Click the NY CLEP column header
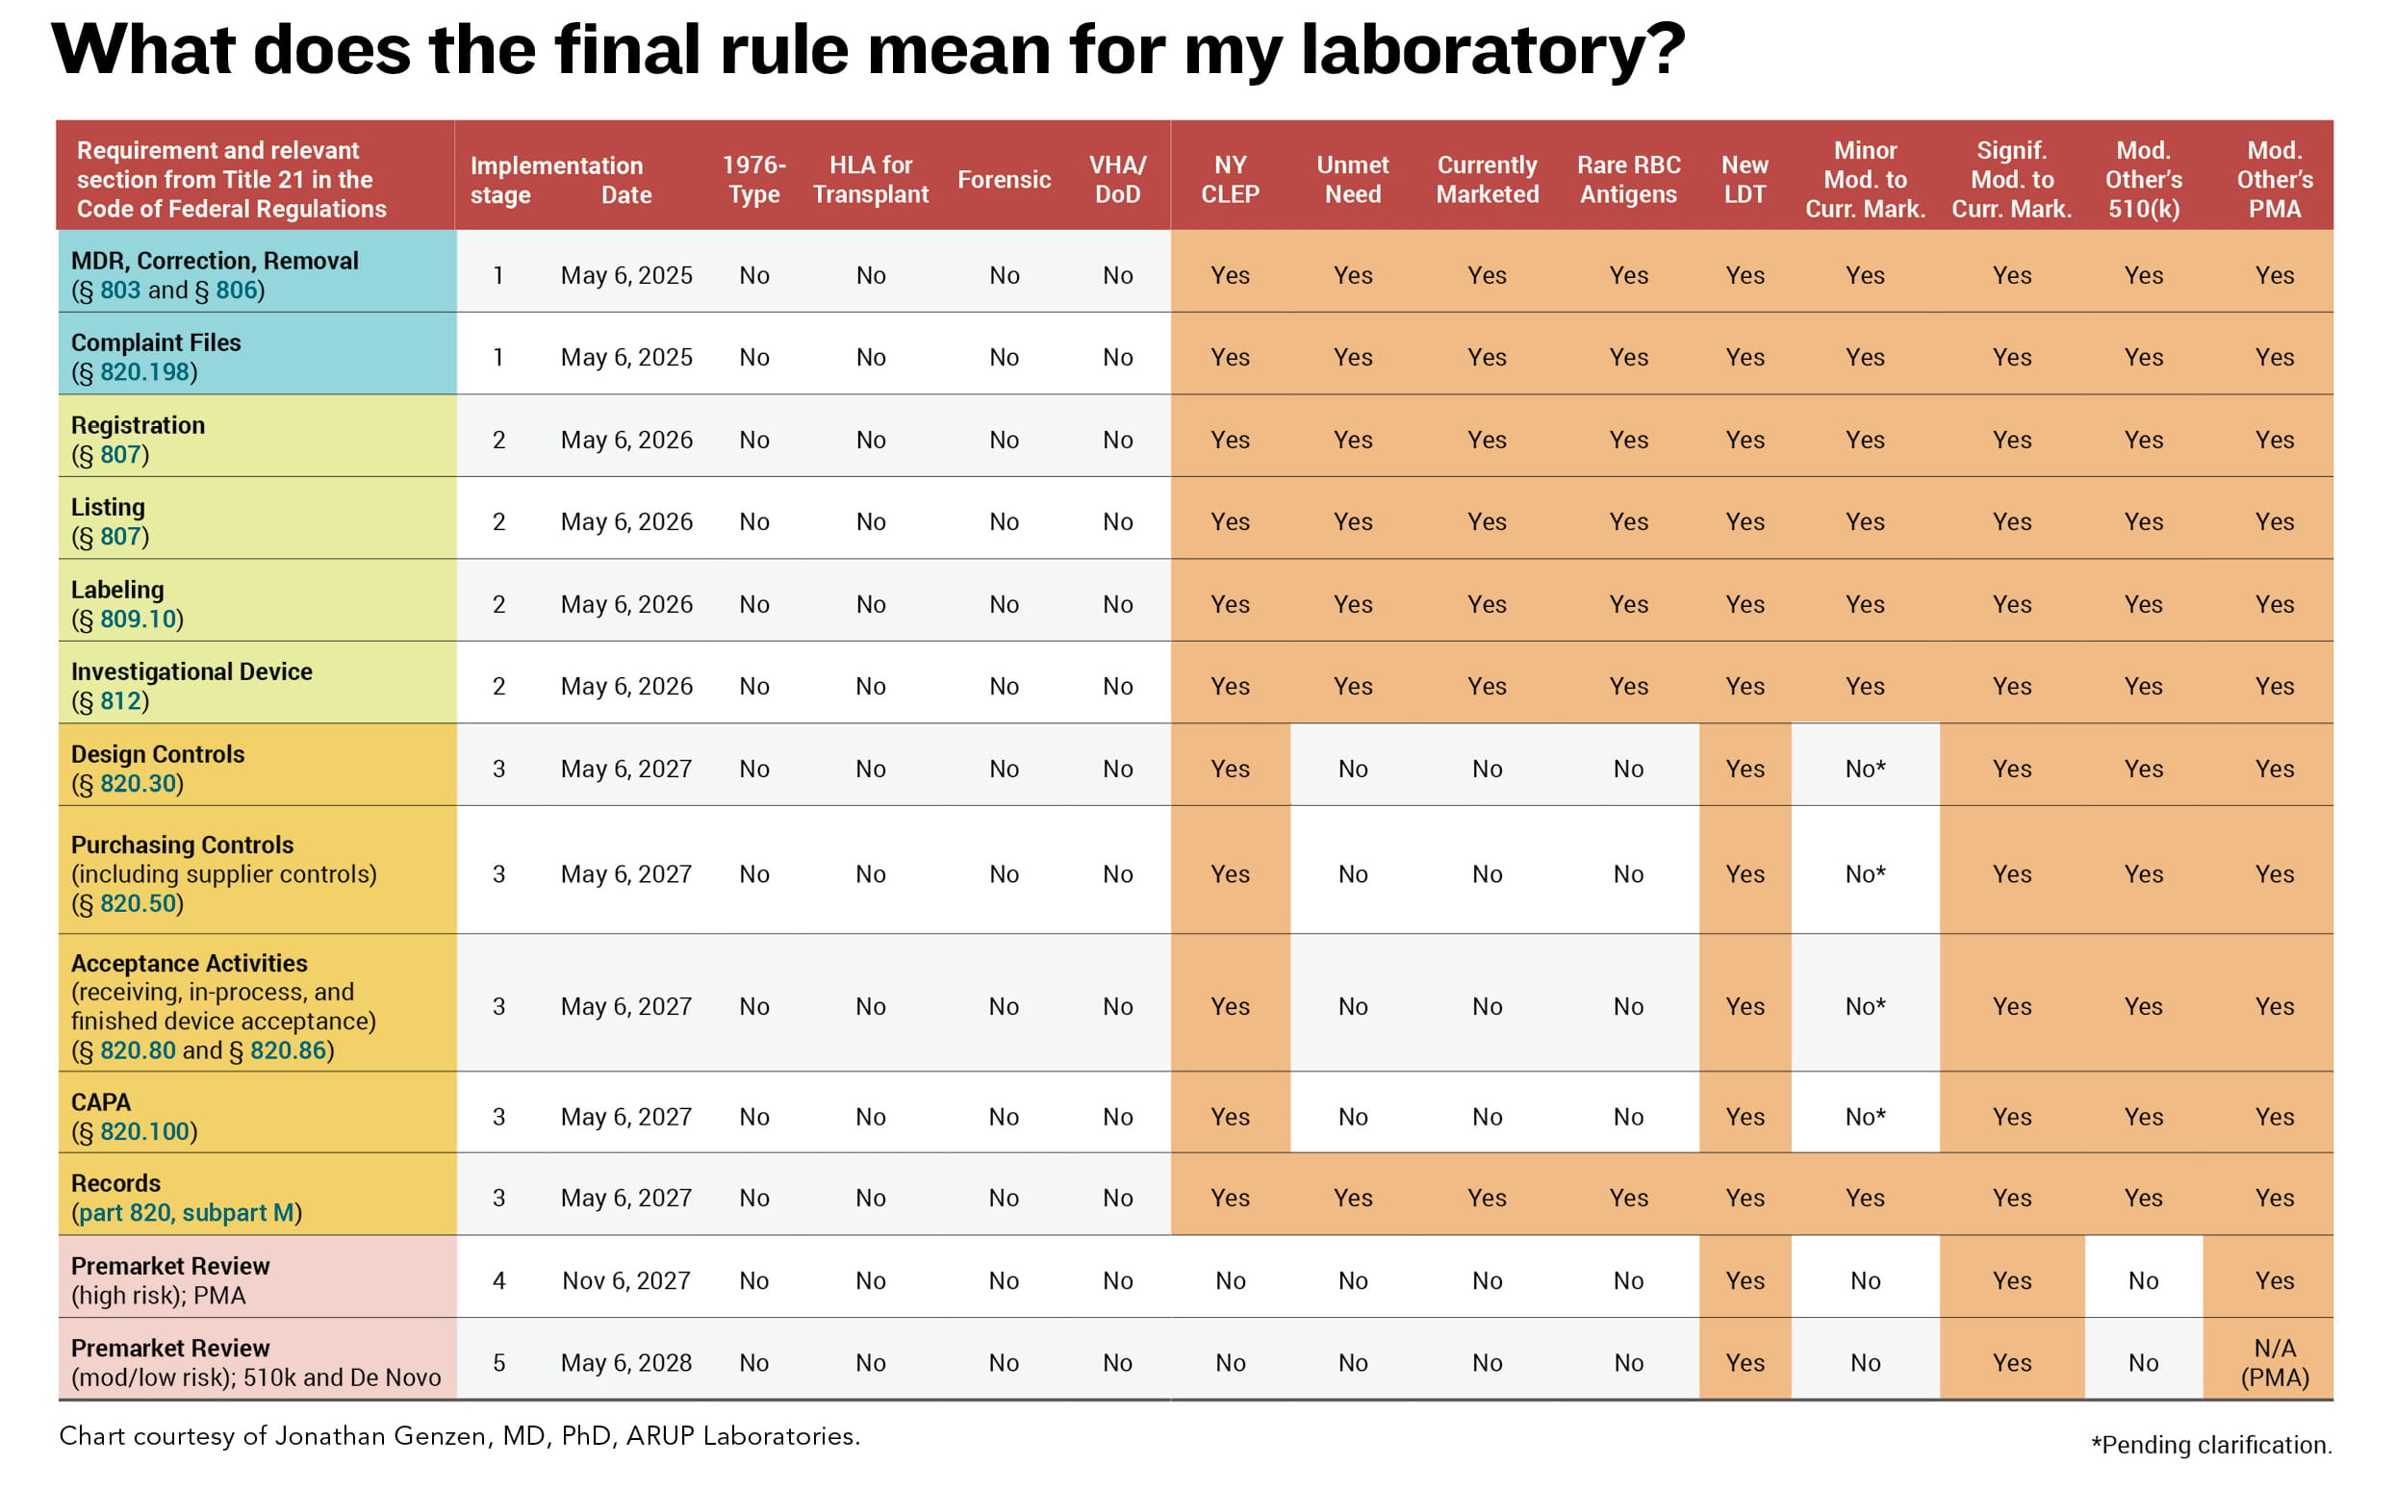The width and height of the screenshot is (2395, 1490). pyautogui.click(x=1230, y=179)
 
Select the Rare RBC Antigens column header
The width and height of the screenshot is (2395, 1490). pyautogui.click(x=1628, y=179)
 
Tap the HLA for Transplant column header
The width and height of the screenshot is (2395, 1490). pyautogui.click(x=870, y=179)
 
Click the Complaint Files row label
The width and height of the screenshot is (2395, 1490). pyautogui.click(x=156, y=343)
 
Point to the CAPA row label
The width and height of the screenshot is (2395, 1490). pyautogui.click(x=100, y=1101)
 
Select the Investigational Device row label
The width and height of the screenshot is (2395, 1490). pyautogui.click(x=191, y=672)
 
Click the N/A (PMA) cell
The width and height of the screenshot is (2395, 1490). pyautogui.click(x=2274, y=1363)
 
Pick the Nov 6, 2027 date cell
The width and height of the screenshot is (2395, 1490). pyautogui.click(x=625, y=1281)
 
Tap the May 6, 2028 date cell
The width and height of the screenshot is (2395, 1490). pyautogui.click(x=625, y=1363)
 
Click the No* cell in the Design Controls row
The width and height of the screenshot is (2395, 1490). pyautogui.click(x=1865, y=770)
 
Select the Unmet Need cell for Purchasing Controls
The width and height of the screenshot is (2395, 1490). pyautogui.click(x=1352, y=874)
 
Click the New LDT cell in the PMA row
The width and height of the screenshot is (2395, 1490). pyautogui.click(x=1745, y=1281)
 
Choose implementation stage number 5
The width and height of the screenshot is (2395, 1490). pyautogui.click(x=498, y=1363)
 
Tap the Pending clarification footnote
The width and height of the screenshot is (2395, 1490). pyautogui.click(x=2210, y=1445)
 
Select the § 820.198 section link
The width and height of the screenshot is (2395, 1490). pyautogui.click(x=144, y=372)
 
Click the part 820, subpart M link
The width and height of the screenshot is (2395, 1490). pyautogui.click(x=187, y=1213)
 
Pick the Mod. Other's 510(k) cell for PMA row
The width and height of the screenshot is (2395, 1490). pyautogui.click(x=2143, y=1281)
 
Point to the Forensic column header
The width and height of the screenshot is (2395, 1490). pyautogui.click(x=1004, y=179)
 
